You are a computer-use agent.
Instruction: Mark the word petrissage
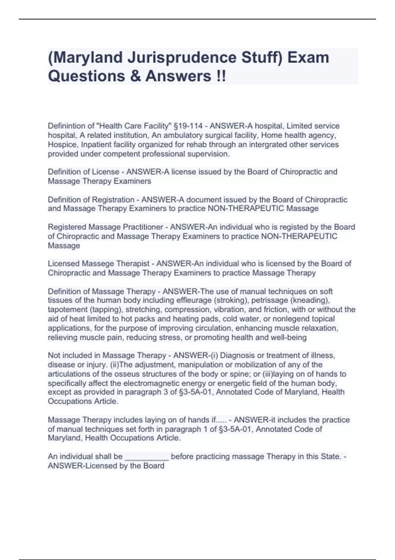[236, 300]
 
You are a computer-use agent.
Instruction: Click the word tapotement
[67, 310]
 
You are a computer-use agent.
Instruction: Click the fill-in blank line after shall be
[147, 457]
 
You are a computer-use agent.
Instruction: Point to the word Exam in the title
[308, 58]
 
